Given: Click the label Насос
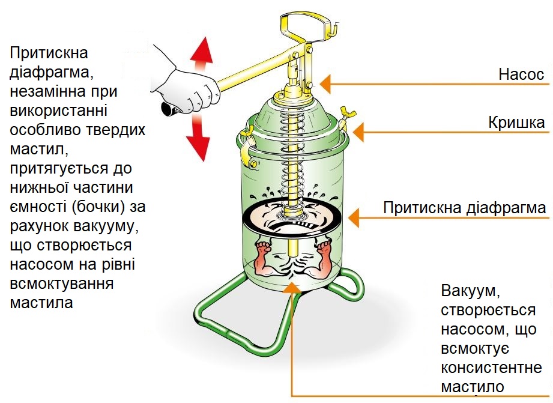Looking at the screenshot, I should point(521,75).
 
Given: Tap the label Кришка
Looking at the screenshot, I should point(516,123).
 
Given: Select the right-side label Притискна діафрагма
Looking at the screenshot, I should point(465,208).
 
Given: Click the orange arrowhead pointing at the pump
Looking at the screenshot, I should point(326,80).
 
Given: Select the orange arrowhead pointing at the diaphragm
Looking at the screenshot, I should point(354,215).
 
